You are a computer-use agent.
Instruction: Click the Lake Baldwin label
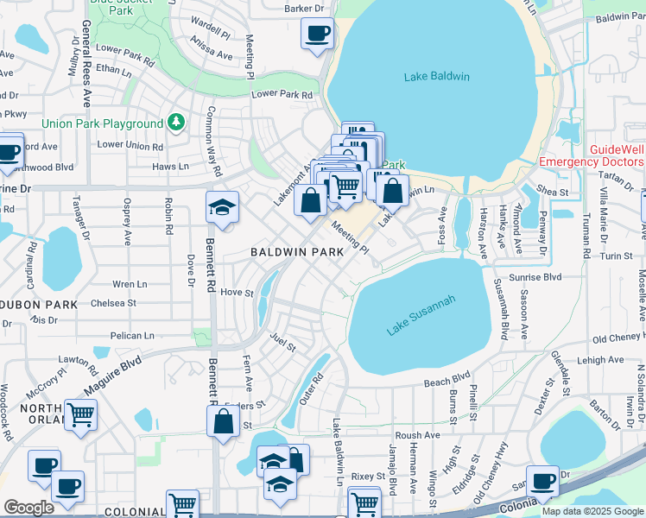coord(436,77)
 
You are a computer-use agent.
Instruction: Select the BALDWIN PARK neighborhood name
coord(296,252)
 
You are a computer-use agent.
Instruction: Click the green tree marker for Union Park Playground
coord(176,123)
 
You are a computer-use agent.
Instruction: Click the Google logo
coord(28,508)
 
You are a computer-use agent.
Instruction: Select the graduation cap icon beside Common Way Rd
coord(222,207)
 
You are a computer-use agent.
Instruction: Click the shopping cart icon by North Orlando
coord(80,414)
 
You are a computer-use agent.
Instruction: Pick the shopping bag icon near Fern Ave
coord(223,422)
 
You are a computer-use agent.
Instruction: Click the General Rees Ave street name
coord(86,52)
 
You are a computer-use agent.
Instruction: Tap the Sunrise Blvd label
coord(539,278)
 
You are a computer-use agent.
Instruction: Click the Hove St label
coord(236,293)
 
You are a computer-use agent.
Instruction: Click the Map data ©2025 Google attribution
coord(592,511)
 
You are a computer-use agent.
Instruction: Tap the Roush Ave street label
coord(417,436)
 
